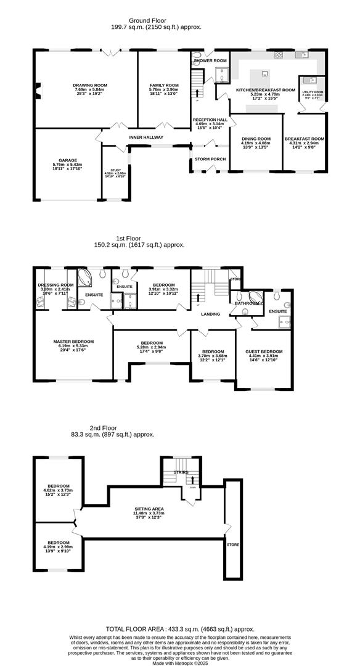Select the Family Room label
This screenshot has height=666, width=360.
click(163, 85)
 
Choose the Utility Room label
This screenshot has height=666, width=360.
click(313, 92)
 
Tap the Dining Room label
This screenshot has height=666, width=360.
click(256, 139)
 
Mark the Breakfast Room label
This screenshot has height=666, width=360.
click(305, 139)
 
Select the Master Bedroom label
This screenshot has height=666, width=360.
click(73, 342)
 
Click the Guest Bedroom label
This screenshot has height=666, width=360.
click(263, 351)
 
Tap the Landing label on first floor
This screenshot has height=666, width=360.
click(211, 314)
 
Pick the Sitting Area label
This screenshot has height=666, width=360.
click(149, 509)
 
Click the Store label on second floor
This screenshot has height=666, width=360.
click(232, 545)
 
